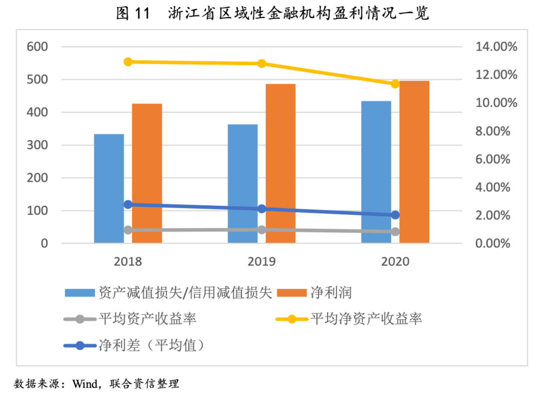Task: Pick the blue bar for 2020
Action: click(376, 172)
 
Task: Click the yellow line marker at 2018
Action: click(128, 62)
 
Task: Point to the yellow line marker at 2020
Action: click(395, 84)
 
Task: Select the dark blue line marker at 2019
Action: click(261, 209)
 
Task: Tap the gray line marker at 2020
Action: click(395, 232)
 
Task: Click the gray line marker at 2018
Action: click(128, 230)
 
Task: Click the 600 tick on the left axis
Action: click(37, 47)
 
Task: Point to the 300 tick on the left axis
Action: click(37, 145)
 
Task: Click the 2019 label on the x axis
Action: click(261, 261)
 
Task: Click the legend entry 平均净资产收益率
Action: click(366, 318)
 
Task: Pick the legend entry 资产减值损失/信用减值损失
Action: click(185, 292)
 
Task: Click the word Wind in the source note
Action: click(86, 384)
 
